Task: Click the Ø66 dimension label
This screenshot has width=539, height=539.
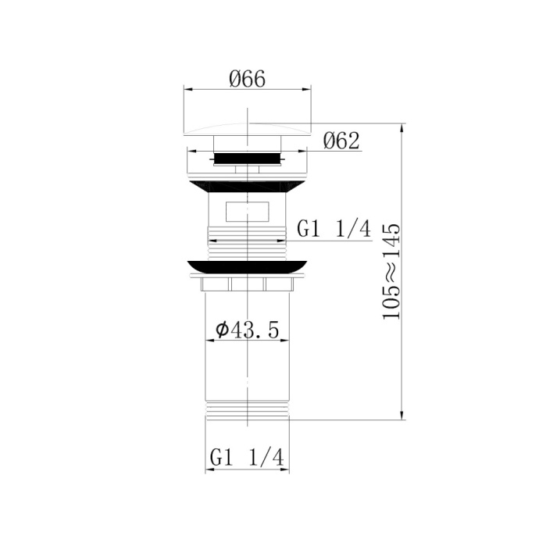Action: (x=247, y=79)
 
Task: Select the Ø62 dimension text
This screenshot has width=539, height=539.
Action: (x=341, y=141)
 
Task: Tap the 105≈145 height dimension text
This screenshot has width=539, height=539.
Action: (x=391, y=271)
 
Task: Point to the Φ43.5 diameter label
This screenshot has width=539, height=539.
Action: (x=247, y=330)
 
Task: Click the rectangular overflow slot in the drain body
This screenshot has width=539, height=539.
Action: (x=246, y=212)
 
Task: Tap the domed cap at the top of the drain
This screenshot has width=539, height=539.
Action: (x=247, y=128)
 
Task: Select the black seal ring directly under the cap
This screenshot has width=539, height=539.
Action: (x=247, y=158)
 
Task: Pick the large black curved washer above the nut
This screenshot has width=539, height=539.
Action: (x=247, y=267)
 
